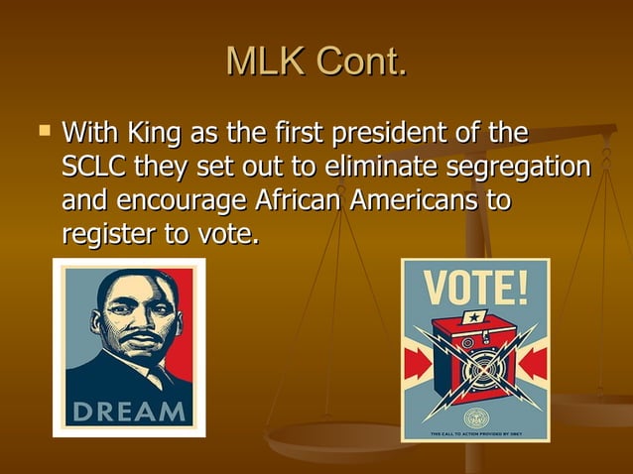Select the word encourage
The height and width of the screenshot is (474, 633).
(x=184, y=201)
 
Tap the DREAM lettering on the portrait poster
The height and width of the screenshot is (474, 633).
(x=129, y=411)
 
